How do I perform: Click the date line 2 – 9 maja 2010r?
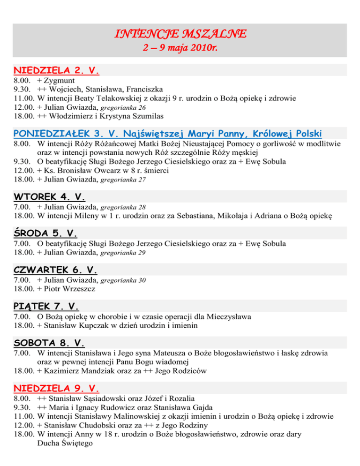[180, 48]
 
